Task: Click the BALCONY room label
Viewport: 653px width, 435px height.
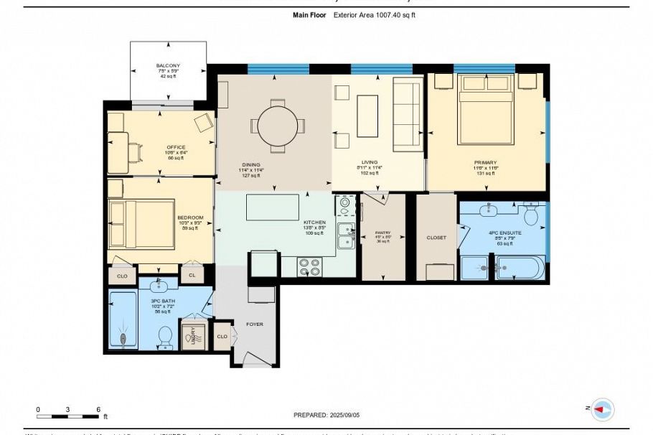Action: pos(168,66)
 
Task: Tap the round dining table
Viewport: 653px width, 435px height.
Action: pos(277,126)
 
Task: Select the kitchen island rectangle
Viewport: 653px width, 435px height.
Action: pos(272,207)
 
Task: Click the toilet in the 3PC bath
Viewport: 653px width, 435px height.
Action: pos(166,335)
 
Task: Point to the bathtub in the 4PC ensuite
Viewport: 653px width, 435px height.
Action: pos(519,268)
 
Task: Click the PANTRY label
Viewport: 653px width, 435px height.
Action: pos(382,233)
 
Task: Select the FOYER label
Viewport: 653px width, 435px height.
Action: pos(254,324)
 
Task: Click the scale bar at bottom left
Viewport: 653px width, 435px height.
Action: pos(67,416)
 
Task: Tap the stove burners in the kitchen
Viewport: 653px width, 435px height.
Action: pos(309,267)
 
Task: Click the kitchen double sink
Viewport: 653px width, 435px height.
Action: pos(347,238)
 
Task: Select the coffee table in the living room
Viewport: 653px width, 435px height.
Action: pos(367,116)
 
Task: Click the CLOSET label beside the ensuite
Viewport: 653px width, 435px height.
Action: pos(436,238)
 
